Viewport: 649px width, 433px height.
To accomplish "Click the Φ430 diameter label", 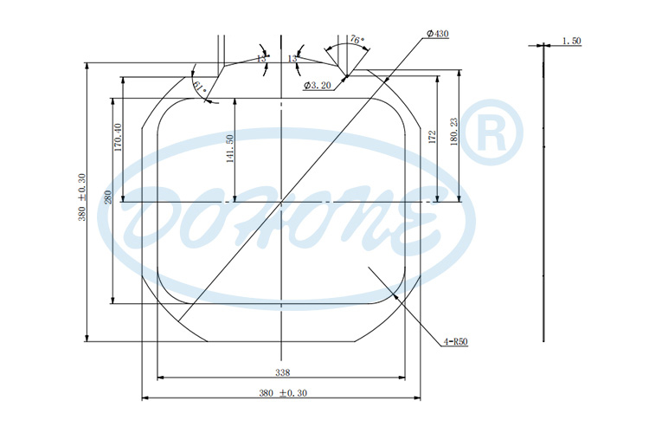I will click(437, 34).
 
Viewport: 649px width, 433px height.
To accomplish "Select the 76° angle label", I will click(357, 40).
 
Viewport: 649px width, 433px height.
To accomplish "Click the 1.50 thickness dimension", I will click(571, 41).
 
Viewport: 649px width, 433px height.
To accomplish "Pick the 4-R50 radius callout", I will click(456, 342).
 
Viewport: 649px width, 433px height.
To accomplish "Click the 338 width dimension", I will click(282, 372).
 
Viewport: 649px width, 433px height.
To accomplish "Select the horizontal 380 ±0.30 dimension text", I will click(282, 393).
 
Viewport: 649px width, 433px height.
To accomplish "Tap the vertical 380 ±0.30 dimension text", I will click(82, 200).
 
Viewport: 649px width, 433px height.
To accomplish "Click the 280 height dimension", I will click(108, 197).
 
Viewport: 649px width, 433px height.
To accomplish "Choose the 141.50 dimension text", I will click(230, 150).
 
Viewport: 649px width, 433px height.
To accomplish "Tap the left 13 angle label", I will click(261, 58).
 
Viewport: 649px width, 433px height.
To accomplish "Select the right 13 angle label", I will click(292, 58).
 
